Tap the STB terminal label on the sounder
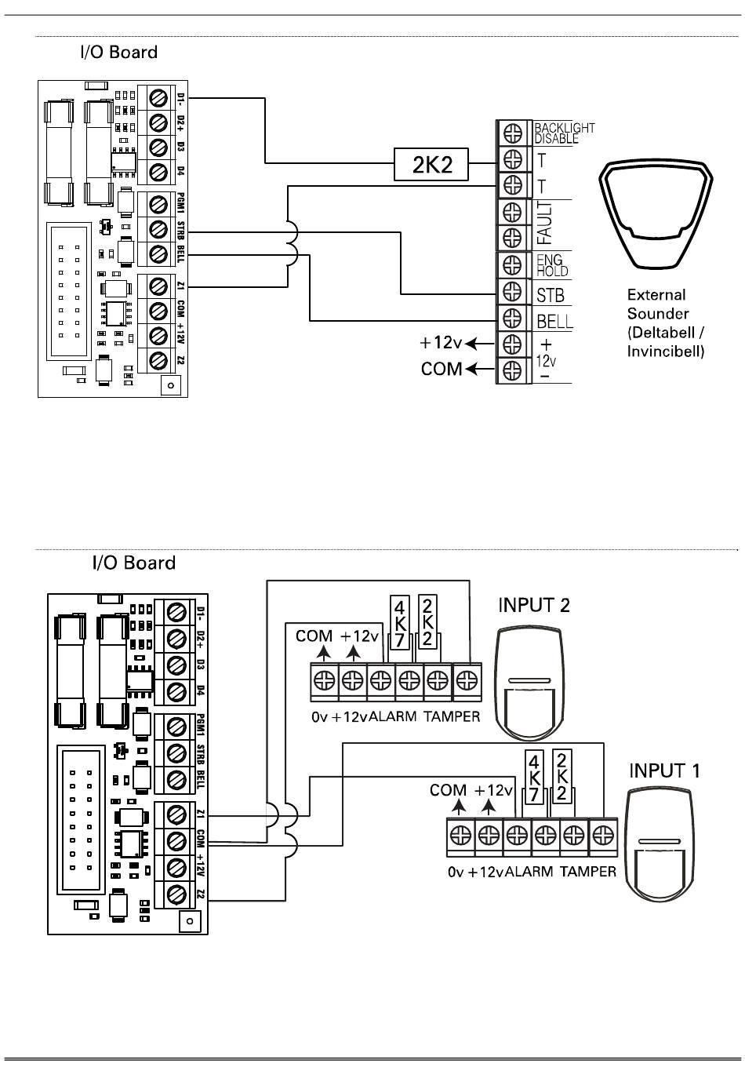click(551, 296)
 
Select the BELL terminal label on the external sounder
click(554, 321)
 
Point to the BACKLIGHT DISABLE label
click(564, 133)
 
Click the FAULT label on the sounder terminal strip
click(544, 224)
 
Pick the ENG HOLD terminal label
click(551, 265)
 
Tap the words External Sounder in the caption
click(656, 304)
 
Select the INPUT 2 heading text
click(534, 605)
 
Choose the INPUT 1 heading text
click(664, 771)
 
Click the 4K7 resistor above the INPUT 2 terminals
click(400, 621)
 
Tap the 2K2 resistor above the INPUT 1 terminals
click(561, 775)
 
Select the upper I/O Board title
click(118, 53)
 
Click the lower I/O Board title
click(134, 563)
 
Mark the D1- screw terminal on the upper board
click(160, 98)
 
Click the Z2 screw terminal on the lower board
click(176, 893)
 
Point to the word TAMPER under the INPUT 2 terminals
click(452, 716)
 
